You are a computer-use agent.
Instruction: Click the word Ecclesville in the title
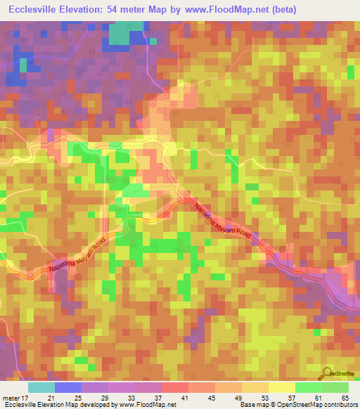(32, 10)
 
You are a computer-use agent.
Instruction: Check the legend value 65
(345, 398)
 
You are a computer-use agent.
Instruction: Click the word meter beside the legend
(11, 398)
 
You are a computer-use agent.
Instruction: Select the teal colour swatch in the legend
(41, 387)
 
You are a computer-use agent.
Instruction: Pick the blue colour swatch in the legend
(68, 387)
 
